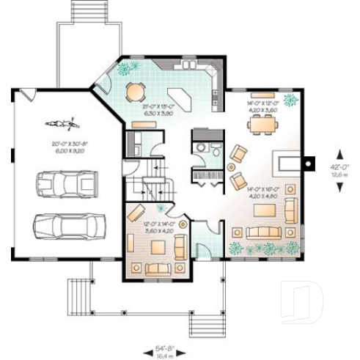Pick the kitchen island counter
click(x=179, y=96)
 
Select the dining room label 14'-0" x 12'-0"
click(x=263, y=107)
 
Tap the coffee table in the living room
click(x=262, y=211)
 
